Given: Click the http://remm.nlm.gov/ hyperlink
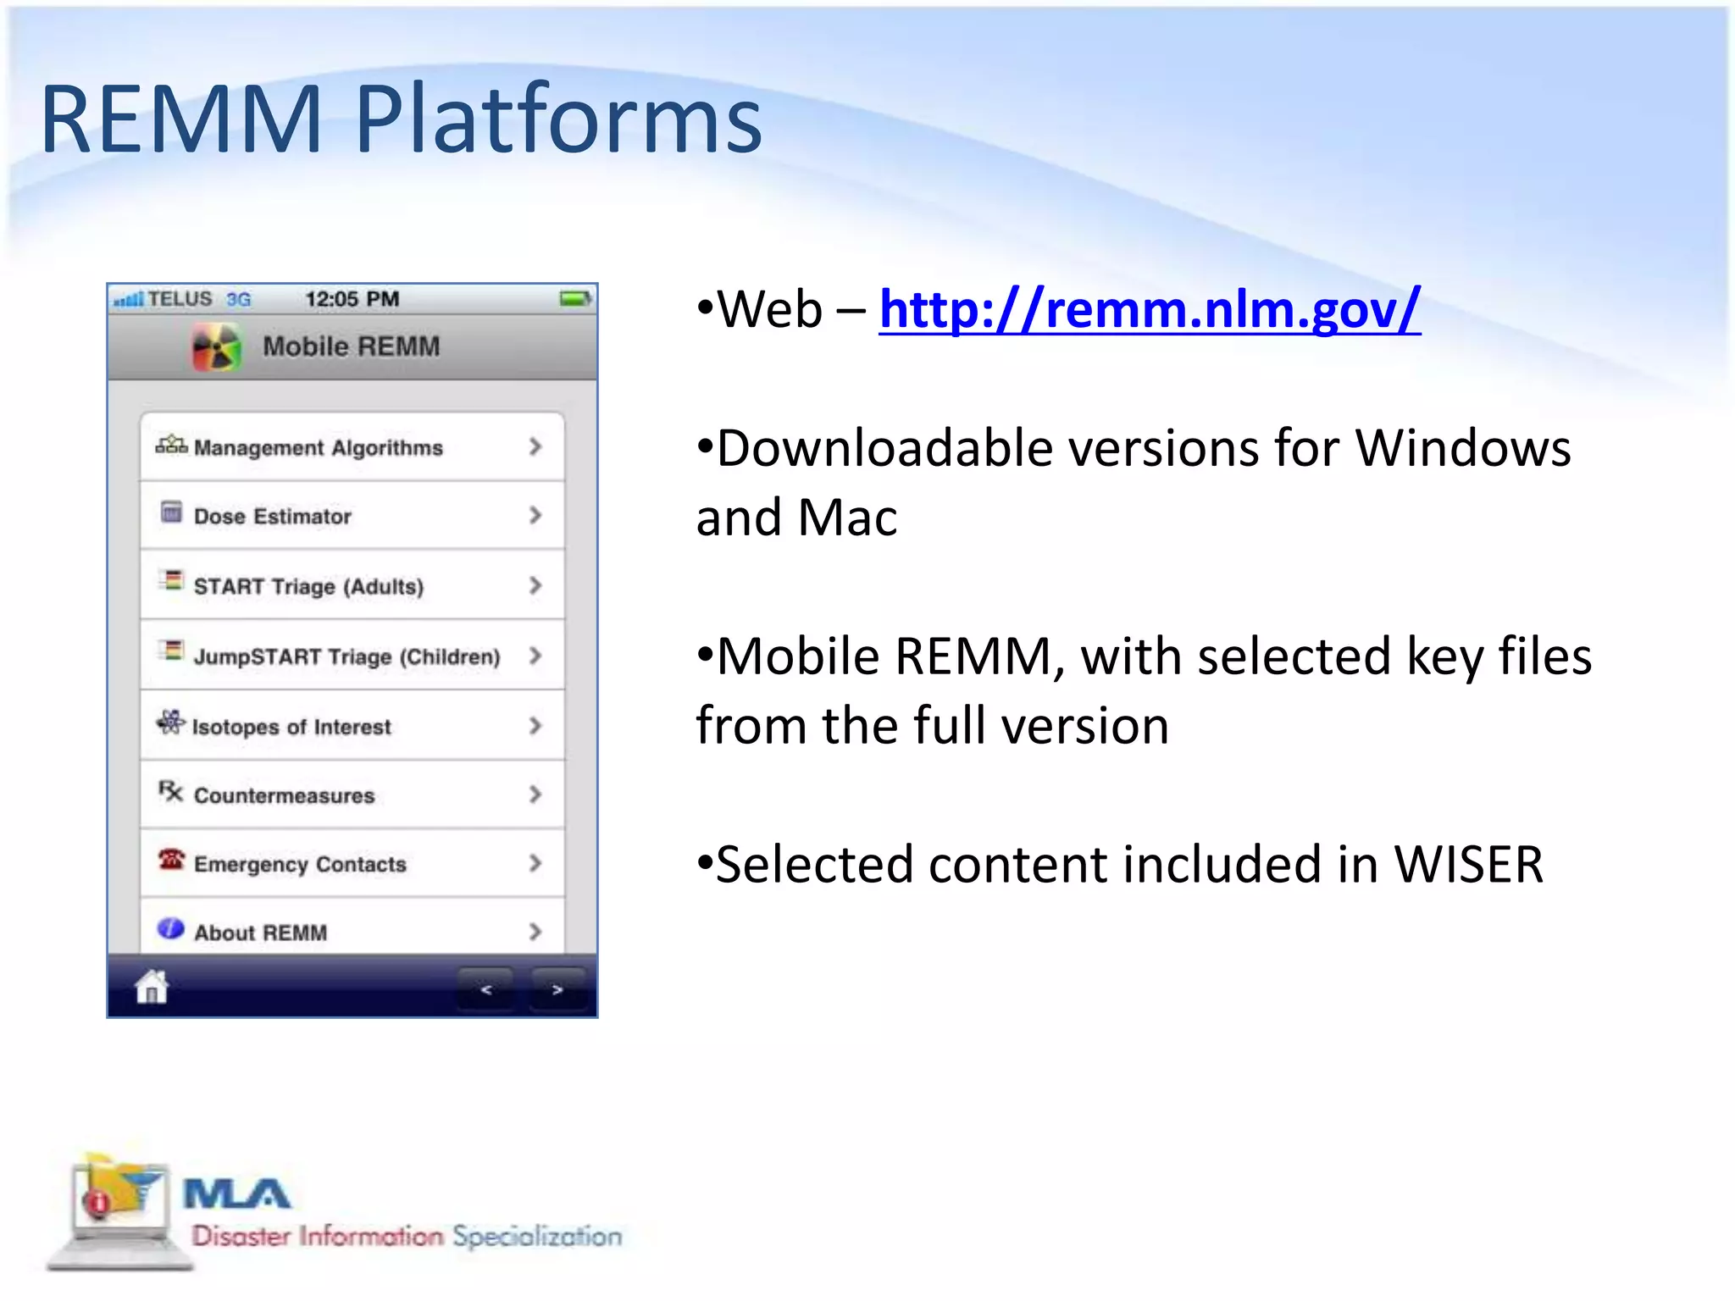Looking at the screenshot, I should [1149, 310].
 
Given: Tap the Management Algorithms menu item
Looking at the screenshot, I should [318, 447].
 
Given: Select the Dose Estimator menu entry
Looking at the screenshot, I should [272, 516].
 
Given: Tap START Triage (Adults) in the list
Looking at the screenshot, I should [308, 586].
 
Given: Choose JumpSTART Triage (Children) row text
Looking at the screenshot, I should [346, 656].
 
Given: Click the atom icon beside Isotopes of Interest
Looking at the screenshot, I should [170, 722].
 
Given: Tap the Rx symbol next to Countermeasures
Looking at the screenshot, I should [170, 792].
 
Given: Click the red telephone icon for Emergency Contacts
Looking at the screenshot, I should [170, 860].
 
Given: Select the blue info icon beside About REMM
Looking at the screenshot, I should [170, 929].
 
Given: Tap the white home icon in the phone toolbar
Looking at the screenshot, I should [152, 987].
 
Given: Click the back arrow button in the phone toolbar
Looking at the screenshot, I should [485, 989].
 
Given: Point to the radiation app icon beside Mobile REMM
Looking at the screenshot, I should [217, 347].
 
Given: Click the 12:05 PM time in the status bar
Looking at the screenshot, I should [352, 299].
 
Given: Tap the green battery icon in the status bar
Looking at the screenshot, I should [575, 299].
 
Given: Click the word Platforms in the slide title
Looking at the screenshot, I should [557, 120].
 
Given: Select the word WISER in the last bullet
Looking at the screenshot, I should [1468, 865].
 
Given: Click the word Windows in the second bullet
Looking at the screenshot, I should [1462, 448].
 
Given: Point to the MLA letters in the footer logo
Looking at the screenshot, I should [236, 1194].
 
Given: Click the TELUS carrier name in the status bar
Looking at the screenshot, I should [180, 299].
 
